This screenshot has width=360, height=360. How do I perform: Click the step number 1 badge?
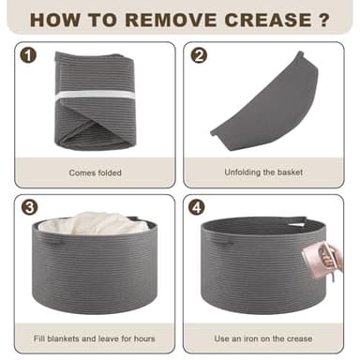coord(28,56)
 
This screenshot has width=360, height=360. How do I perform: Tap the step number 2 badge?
coord(199,55)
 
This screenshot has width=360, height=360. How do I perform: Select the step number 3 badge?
coord(29,207)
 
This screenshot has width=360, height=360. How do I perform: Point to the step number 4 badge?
coord(197,207)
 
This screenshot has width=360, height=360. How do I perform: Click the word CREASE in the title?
coord(268,20)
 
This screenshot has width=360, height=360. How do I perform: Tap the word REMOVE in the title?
coord(171,20)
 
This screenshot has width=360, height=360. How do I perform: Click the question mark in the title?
coord(324,20)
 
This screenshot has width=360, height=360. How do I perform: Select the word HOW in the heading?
coord(55,20)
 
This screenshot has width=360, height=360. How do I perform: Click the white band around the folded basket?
coord(96,96)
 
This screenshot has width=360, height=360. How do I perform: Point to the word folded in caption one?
coord(108,172)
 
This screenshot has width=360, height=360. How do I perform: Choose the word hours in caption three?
coord(144,338)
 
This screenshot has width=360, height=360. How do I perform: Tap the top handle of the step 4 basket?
coord(297,220)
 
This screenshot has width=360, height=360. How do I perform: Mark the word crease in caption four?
coord(300,338)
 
